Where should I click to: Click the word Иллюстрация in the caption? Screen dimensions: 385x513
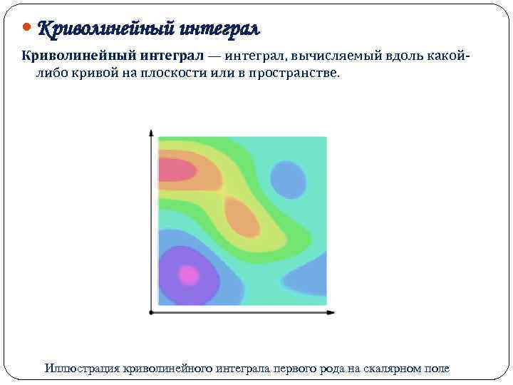tap(82, 368)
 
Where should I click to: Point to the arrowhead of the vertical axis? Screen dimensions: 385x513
tap(151, 132)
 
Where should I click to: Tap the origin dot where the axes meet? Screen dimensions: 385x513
tap(151, 312)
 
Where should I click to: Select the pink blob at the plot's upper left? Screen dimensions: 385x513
tap(176, 170)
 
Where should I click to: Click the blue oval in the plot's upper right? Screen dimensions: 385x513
tap(288, 179)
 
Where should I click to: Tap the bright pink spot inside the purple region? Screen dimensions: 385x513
tap(188, 274)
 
